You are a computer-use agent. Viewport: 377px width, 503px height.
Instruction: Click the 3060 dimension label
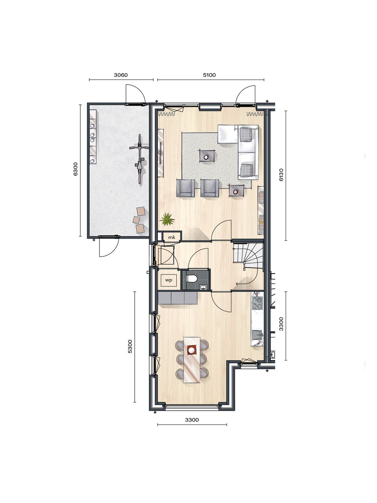(x=121, y=75)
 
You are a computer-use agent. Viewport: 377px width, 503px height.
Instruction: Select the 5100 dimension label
(x=209, y=75)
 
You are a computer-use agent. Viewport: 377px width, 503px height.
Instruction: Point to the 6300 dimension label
(x=76, y=169)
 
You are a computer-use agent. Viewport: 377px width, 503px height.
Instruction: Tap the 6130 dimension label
(x=281, y=175)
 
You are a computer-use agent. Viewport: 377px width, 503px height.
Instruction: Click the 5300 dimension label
(x=130, y=346)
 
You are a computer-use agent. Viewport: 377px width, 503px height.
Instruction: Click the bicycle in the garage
(x=140, y=158)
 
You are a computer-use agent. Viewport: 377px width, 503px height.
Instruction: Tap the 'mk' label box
(x=171, y=237)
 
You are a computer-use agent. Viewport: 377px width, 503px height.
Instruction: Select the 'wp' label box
(x=169, y=280)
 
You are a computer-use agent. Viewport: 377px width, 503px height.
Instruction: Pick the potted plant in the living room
(x=167, y=220)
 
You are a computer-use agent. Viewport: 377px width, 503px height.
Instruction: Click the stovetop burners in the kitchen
(x=257, y=303)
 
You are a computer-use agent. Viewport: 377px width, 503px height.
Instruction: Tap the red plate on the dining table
(x=192, y=349)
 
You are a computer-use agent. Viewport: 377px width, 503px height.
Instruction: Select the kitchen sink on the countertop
(x=258, y=335)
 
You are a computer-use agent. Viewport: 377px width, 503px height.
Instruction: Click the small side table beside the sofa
(x=236, y=191)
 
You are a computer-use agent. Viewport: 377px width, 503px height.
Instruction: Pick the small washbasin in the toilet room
(x=204, y=287)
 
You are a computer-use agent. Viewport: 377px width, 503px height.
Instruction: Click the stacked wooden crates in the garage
(x=139, y=220)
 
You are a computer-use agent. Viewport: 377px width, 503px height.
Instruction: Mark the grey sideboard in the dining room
(x=178, y=298)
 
